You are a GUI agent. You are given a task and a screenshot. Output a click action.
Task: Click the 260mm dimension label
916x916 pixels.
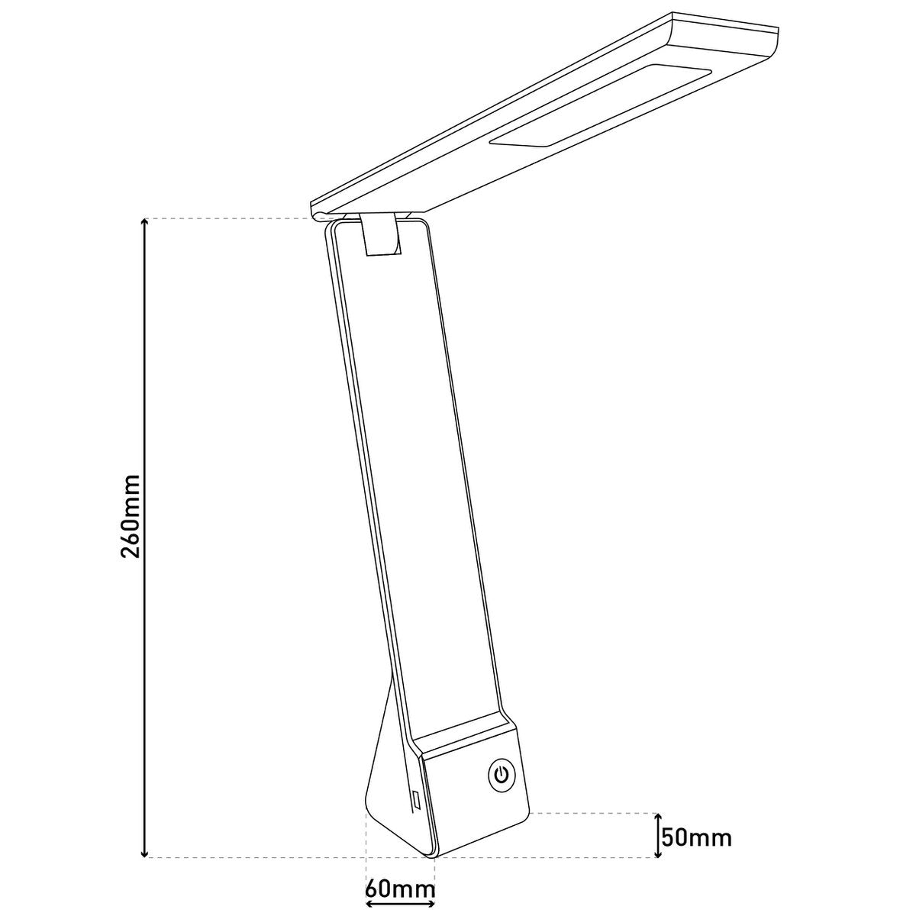click(131, 516)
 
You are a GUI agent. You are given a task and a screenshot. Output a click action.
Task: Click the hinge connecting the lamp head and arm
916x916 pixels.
click(382, 234)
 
